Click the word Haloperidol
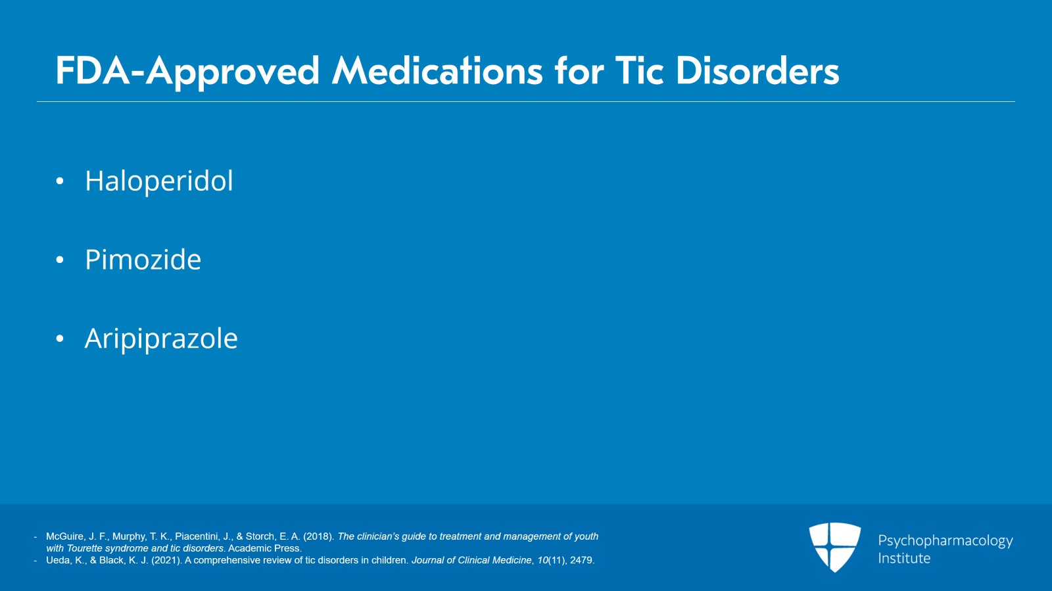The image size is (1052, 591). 159,181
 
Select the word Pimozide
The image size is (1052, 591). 143,260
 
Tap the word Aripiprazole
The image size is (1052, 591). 161,339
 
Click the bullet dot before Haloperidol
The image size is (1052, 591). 60,181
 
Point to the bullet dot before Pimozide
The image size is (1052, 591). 60,260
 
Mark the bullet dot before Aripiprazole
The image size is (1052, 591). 60,339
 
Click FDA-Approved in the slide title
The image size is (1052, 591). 187,71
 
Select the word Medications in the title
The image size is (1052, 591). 437,71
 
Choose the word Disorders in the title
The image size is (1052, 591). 757,71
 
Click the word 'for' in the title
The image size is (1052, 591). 579,71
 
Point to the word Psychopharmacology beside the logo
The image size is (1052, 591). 945,541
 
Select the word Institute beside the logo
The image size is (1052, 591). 904,558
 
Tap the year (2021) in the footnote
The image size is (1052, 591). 166,560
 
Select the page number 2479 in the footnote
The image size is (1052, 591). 581,560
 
